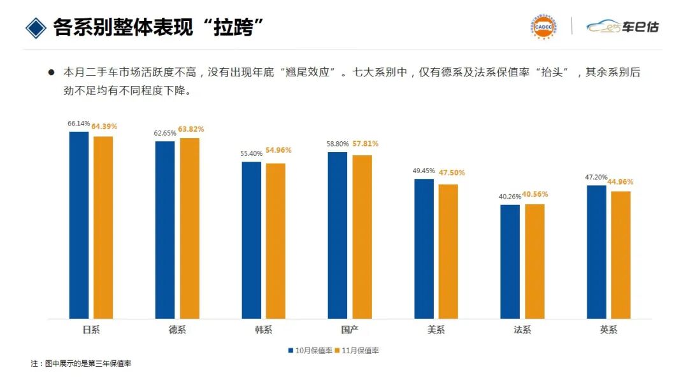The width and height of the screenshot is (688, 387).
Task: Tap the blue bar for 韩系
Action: click(x=252, y=240)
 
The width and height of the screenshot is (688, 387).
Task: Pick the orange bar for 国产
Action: click(x=362, y=237)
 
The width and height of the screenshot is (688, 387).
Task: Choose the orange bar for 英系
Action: click(x=620, y=255)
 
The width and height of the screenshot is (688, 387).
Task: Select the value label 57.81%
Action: click(x=365, y=144)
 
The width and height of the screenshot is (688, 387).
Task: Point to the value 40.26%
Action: click(x=510, y=197)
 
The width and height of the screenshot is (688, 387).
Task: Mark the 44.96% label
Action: click(x=620, y=182)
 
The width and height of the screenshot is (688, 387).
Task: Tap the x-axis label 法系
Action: click(x=522, y=330)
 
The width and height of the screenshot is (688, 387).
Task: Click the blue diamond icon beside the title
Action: click(x=36, y=27)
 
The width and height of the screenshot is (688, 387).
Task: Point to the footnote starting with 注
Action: click(x=81, y=363)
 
